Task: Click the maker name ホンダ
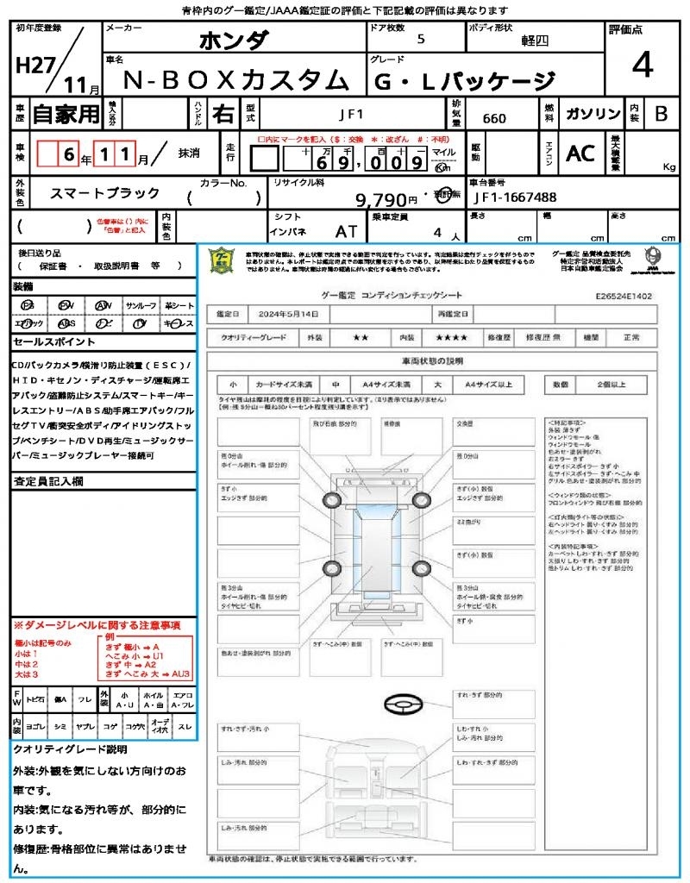pyautogui.click(x=234, y=41)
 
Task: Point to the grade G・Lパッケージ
pyautogui.click(x=464, y=81)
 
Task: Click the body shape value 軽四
pyautogui.click(x=535, y=41)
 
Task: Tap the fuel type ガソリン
pyautogui.click(x=591, y=114)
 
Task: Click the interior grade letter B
pyautogui.click(x=661, y=114)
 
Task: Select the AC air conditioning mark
pyautogui.click(x=580, y=153)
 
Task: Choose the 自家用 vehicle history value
pyautogui.click(x=66, y=114)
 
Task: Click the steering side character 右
pyautogui.click(x=223, y=114)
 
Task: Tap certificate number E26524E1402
pyautogui.click(x=624, y=295)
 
